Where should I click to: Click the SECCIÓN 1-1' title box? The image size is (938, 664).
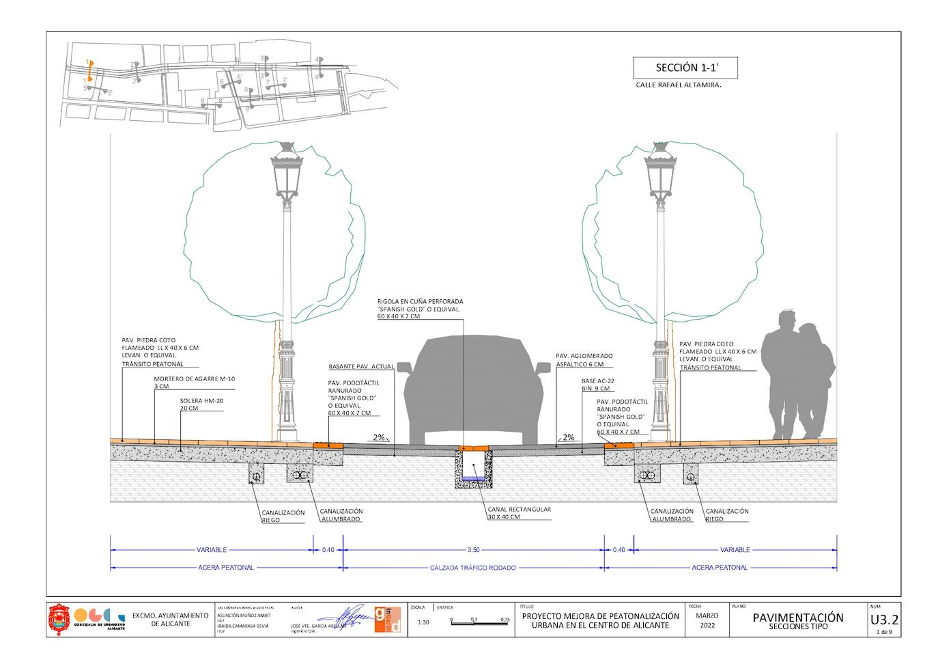point(685,68)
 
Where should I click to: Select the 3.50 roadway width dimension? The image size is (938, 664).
point(473,550)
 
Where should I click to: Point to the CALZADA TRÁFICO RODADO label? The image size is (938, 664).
point(473,568)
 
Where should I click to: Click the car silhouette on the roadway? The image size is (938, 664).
point(474,393)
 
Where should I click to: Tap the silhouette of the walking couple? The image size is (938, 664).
point(797,376)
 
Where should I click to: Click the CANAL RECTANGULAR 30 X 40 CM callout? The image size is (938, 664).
point(519,513)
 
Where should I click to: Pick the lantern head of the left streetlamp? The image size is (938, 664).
point(287,174)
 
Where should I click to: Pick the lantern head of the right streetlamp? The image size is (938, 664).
point(660,174)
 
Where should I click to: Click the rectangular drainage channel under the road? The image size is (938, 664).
point(474,469)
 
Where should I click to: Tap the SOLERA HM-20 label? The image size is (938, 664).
point(201,404)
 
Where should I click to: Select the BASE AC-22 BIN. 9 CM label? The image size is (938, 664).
point(596,385)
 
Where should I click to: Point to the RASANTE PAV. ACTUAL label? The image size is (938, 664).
point(361,367)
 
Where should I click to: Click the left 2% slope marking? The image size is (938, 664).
point(379,437)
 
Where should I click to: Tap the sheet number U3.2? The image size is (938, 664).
point(884,620)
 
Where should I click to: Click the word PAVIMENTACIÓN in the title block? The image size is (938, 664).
point(797,618)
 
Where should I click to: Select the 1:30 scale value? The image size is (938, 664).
point(423,622)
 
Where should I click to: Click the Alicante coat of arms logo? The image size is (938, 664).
point(59,619)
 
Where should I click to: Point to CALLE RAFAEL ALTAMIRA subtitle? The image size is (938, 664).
point(678,85)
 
